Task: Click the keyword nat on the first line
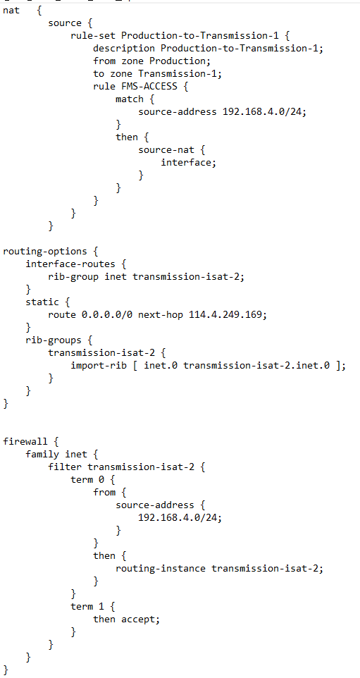(x=11, y=11)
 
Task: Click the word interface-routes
(x=70, y=264)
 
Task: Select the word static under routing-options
(x=42, y=302)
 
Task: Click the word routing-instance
(x=161, y=569)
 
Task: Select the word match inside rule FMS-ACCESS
(x=130, y=99)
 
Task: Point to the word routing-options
(x=45, y=251)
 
